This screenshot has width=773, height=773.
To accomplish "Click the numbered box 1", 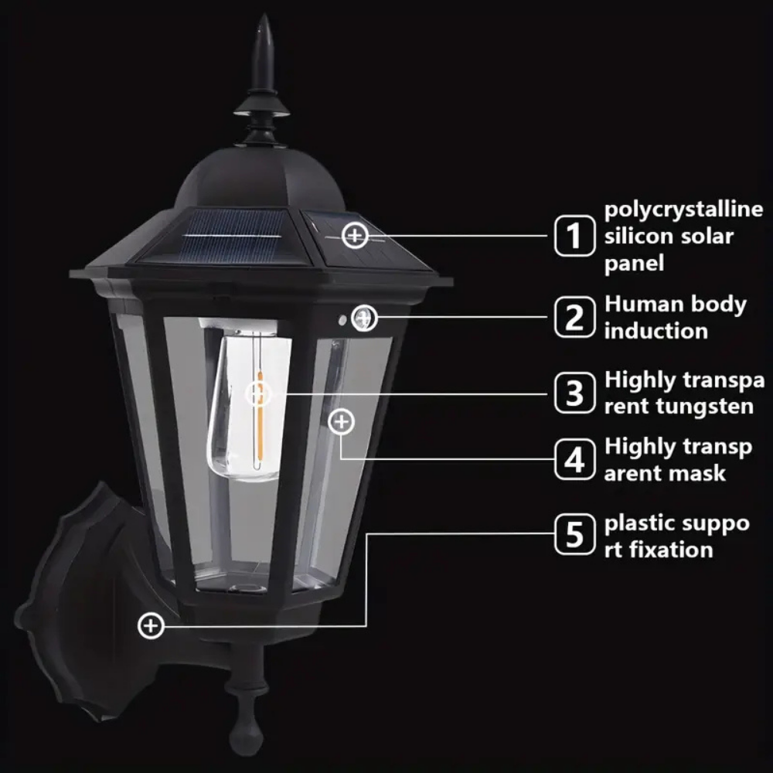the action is pyautogui.click(x=575, y=236).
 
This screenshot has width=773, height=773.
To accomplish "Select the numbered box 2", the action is pyautogui.click(x=575, y=317).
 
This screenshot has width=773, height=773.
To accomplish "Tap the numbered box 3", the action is pyautogui.click(x=575, y=393).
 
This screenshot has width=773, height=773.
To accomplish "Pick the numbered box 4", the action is pyautogui.click(x=575, y=459).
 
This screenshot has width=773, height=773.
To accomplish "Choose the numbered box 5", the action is pyautogui.click(x=575, y=534).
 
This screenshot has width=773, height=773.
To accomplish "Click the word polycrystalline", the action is pyautogui.click(x=684, y=210).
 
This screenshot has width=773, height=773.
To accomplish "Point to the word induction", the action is pyautogui.click(x=656, y=330).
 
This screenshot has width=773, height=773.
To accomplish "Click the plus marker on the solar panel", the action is pyautogui.click(x=355, y=235).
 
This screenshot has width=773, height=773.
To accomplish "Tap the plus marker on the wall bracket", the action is pyautogui.click(x=151, y=625).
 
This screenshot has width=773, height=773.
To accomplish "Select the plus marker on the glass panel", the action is pyautogui.click(x=341, y=422).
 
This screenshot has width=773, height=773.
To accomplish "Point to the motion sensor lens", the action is pyautogui.click(x=364, y=318).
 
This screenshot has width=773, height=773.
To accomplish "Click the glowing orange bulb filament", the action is pyautogui.click(x=260, y=419).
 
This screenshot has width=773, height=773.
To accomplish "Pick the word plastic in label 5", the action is pyautogui.click(x=635, y=523).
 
